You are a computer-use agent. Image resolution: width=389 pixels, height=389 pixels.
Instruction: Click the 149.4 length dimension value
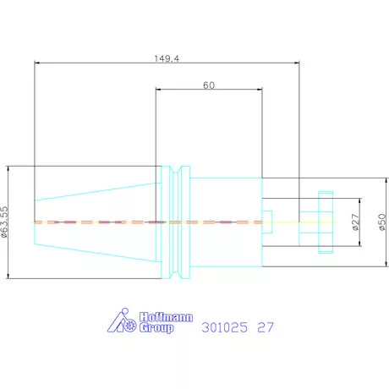point(167,58)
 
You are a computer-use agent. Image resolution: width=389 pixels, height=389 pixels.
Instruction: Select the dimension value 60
point(209,85)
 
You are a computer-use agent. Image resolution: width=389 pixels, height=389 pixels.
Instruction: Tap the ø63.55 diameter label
point(4,222)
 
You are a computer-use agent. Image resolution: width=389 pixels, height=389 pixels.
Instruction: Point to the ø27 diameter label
point(356,222)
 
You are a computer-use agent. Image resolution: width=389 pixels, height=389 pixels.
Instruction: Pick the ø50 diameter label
point(382,222)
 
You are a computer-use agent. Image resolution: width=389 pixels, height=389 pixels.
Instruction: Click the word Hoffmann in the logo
point(167,317)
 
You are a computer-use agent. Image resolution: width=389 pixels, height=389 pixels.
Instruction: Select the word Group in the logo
point(156,328)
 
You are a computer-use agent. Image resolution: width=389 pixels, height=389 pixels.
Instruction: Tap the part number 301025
point(225,327)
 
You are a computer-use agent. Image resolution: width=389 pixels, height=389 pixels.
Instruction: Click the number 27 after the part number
point(266,327)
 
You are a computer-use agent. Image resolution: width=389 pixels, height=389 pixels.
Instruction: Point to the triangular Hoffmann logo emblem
point(122,321)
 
